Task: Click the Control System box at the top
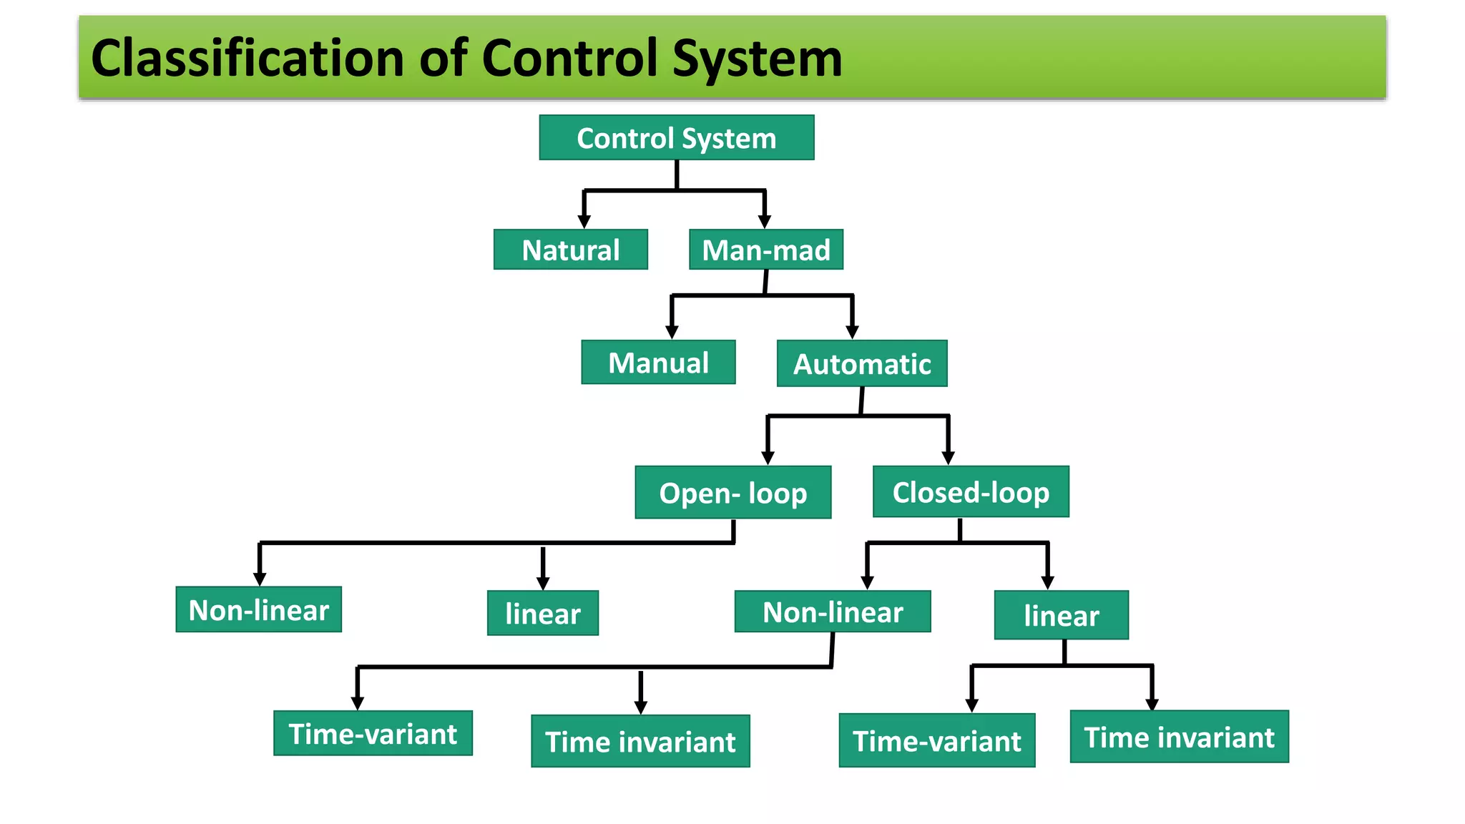click(676, 137)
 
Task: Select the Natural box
click(570, 250)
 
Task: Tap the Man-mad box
click(765, 250)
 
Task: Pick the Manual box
click(658, 363)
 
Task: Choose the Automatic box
click(862, 364)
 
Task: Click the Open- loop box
click(732, 493)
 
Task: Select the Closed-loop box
click(971, 492)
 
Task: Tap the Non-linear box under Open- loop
click(258, 610)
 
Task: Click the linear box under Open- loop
click(542, 614)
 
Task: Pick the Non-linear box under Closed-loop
click(833, 612)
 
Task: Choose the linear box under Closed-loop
click(1061, 615)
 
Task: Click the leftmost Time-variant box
click(373, 734)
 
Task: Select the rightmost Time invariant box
click(1179, 737)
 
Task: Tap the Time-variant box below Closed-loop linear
click(936, 741)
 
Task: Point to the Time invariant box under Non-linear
click(640, 742)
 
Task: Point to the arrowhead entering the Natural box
click(584, 222)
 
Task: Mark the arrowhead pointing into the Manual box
click(672, 332)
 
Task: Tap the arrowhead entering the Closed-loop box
click(949, 458)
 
